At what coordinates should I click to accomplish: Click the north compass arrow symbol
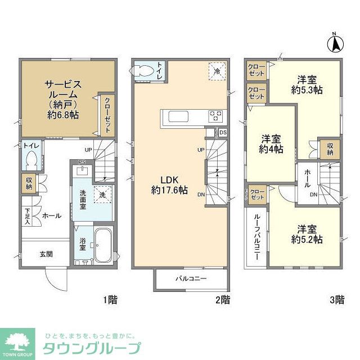click(336, 44)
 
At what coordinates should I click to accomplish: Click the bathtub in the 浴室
click(102, 247)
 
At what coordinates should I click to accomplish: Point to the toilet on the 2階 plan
click(141, 71)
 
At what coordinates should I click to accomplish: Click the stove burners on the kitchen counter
click(215, 116)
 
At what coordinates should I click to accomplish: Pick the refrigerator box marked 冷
click(216, 71)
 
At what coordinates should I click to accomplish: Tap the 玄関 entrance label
click(46, 254)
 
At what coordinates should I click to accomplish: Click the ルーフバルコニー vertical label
click(256, 236)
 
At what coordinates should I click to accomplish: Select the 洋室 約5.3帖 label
click(306, 84)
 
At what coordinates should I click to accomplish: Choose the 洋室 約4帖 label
click(271, 144)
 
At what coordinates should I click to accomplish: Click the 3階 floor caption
click(336, 299)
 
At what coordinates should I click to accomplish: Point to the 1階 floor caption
click(110, 299)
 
